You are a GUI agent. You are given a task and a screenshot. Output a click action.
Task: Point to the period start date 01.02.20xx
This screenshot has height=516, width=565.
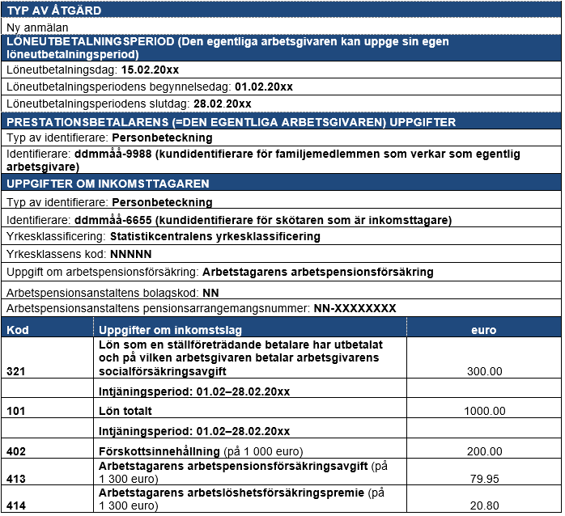[x=263, y=87]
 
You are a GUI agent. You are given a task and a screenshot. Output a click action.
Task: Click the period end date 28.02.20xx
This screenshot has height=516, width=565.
[x=222, y=104]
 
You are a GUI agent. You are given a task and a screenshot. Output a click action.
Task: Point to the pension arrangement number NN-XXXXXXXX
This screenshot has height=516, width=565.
[x=355, y=308]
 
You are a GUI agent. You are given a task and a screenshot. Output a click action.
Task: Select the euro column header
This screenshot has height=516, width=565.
[x=484, y=330]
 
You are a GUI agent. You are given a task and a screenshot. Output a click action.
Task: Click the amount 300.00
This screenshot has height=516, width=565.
[x=485, y=371]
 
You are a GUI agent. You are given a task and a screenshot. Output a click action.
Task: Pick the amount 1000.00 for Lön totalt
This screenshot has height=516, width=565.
[x=484, y=411]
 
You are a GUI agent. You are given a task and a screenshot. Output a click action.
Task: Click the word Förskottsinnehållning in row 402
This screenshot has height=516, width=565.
[x=150, y=450]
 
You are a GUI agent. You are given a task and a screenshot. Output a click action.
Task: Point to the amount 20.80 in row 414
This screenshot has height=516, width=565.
[x=485, y=505]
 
